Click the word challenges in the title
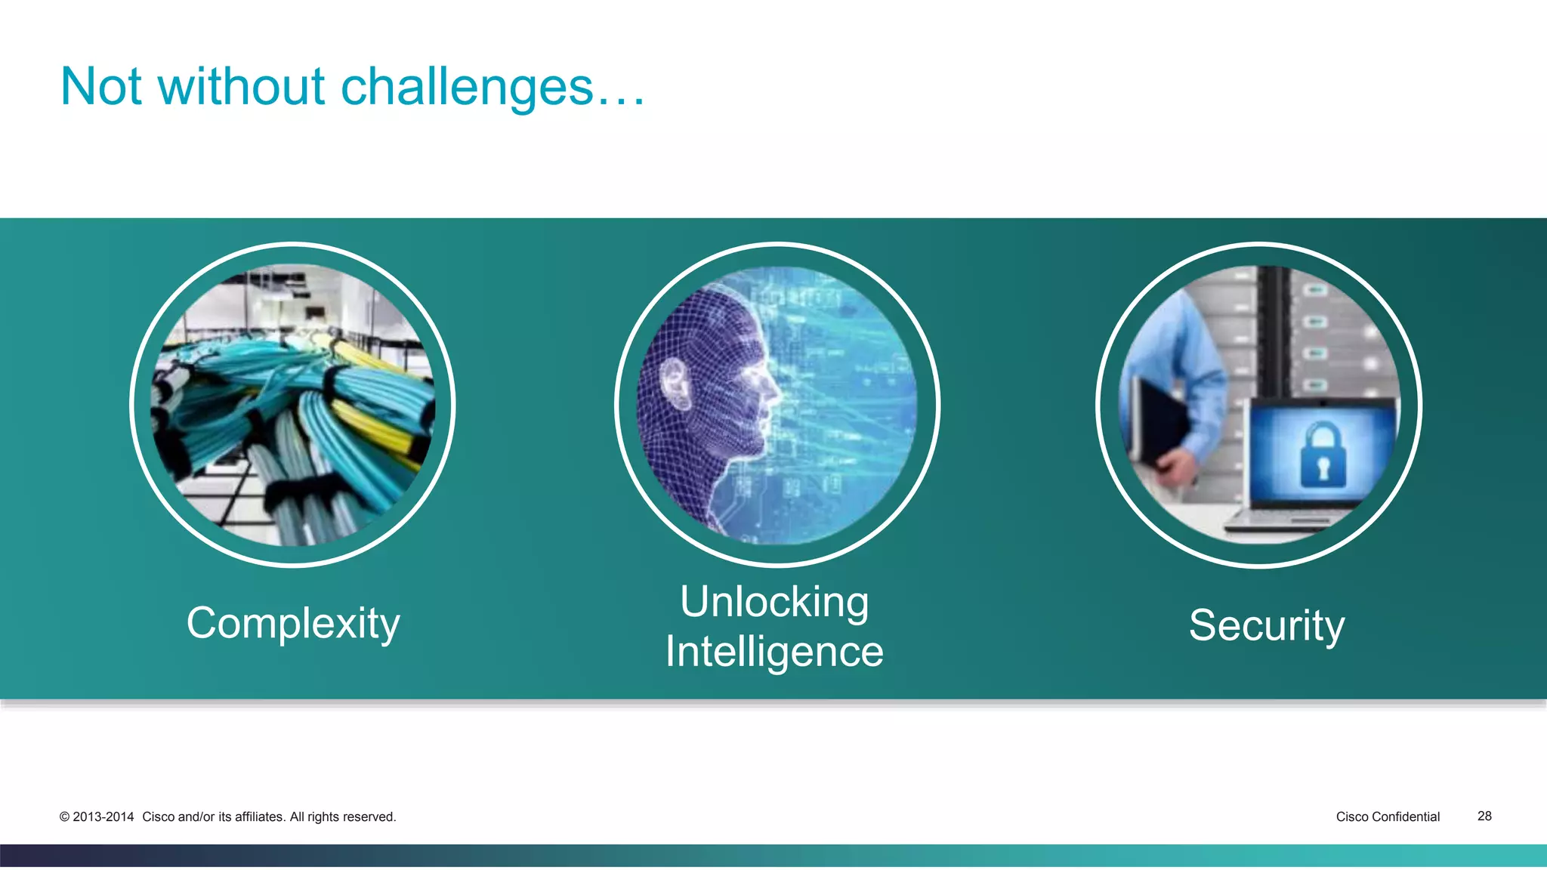tap(467, 88)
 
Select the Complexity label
tap(293, 624)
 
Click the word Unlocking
tap(774, 602)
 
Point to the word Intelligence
tap(774, 651)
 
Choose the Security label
tap(1267, 625)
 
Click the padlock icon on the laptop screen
tap(1322, 455)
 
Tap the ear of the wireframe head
tap(675, 381)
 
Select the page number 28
tap(1484, 816)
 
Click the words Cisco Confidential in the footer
tap(1388, 816)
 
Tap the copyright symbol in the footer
tap(64, 817)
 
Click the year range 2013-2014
tap(103, 817)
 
